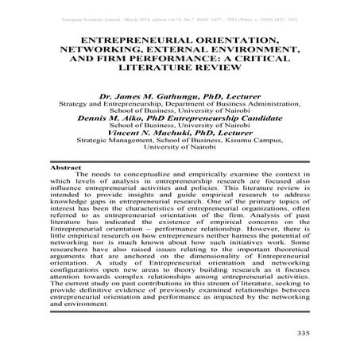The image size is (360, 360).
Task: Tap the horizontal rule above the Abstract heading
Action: point(180,162)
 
